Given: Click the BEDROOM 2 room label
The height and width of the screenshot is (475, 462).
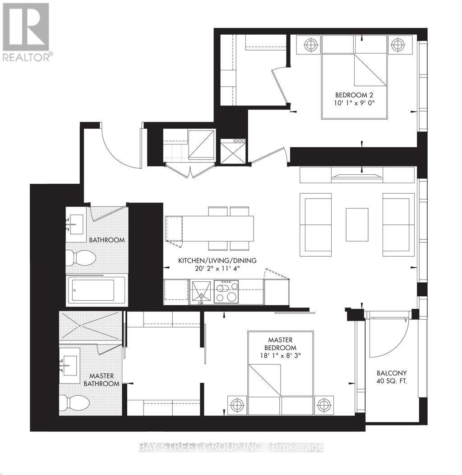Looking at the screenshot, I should (x=354, y=95).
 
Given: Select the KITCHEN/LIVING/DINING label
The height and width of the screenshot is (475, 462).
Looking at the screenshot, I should (x=217, y=261).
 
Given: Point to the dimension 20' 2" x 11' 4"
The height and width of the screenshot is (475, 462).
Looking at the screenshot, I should (x=217, y=269).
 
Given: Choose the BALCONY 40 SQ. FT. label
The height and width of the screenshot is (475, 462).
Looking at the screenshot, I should (x=392, y=377).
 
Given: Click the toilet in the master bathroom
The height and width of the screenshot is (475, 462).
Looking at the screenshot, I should (x=74, y=403).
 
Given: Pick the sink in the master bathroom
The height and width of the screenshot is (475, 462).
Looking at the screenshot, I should (x=70, y=364).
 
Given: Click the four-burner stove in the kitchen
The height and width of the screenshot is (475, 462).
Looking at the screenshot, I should (x=226, y=291).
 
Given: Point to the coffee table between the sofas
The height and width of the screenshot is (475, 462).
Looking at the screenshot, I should (x=357, y=224).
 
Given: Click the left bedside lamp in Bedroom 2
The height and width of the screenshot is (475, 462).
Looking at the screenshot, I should (x=310, y=44).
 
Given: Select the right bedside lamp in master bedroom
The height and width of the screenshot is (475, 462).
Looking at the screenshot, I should (x=324, y=405).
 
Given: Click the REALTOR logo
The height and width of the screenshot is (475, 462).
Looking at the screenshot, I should (x=26, y=32).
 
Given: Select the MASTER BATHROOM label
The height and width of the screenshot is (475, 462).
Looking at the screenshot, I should (x=102, y=380).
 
